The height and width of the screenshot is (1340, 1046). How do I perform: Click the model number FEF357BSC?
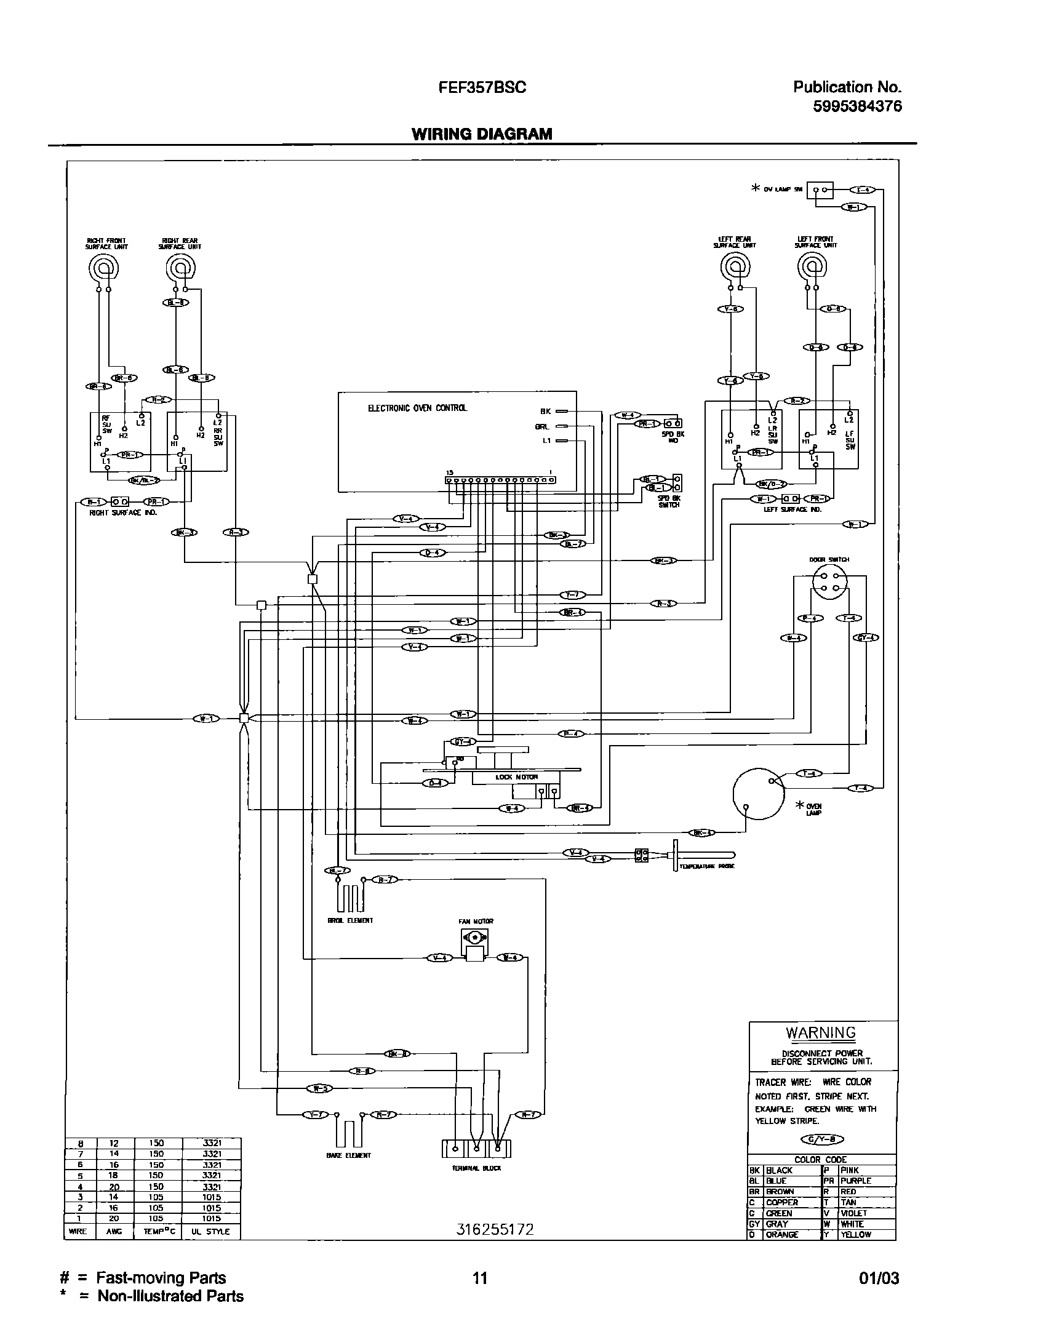[x=482, y=88]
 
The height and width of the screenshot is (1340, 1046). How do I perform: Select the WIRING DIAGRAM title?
[x=482, y=134]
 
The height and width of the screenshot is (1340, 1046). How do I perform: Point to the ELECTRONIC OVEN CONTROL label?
[x=417, y=408]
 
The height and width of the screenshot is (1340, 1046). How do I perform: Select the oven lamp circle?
[x=759, y=794]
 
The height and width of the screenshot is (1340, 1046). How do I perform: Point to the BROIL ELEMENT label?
[x=350, y=921]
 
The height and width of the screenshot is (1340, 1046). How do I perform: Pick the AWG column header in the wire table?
[x=114, y=1231]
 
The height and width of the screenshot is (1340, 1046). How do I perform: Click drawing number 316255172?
[x=495, y=1229]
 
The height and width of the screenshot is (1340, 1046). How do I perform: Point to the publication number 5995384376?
[x=857, y=106]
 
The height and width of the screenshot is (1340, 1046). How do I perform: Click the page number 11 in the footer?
[x=479, y=1278]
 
